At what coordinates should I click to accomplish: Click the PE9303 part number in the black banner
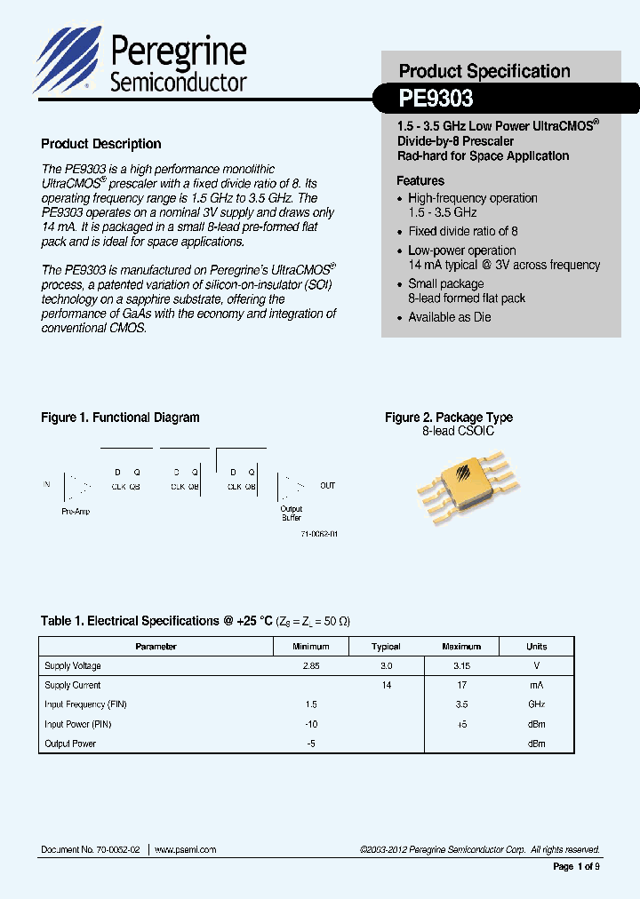[x=436, y=97]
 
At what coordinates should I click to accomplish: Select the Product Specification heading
[x=484, y=71]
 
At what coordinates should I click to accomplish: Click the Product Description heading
[x=101, y=144]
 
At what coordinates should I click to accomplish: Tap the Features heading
[x=420, y=180]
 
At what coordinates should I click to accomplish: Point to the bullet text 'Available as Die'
[x=449, y=317]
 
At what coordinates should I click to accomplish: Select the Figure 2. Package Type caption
[x=448, y=418]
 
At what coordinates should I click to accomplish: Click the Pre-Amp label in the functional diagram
[x=76, y=512]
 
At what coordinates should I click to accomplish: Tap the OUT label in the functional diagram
[x=328, y=486]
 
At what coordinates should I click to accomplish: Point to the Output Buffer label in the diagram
[x=292, y=513]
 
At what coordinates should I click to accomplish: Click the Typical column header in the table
[x=386, y=647]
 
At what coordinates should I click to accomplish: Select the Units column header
[x=536, y=647]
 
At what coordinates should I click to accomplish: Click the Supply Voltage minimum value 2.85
[x=310, y=665]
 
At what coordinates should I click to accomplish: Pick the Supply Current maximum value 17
[x=460, y=685]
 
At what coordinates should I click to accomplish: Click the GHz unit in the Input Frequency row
[x=536, y=704]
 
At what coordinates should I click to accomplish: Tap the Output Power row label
[x=70, y=744]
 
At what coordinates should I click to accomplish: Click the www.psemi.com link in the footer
[x=186, y=850]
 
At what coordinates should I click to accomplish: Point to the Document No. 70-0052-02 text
[x=91, y=850]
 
